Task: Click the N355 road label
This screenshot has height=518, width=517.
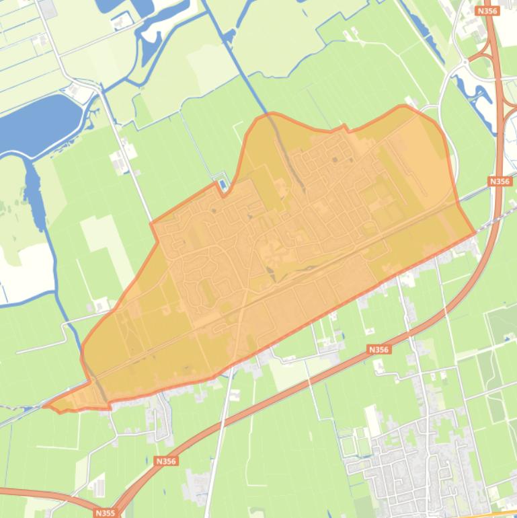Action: click(105, 513)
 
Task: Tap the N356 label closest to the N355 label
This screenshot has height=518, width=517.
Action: click(165, 461)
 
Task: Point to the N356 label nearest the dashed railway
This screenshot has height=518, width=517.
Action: click(500, 181)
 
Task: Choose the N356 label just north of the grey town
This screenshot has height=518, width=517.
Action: click(379, 349)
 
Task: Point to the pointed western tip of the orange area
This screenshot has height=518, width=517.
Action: click(46, 406)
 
